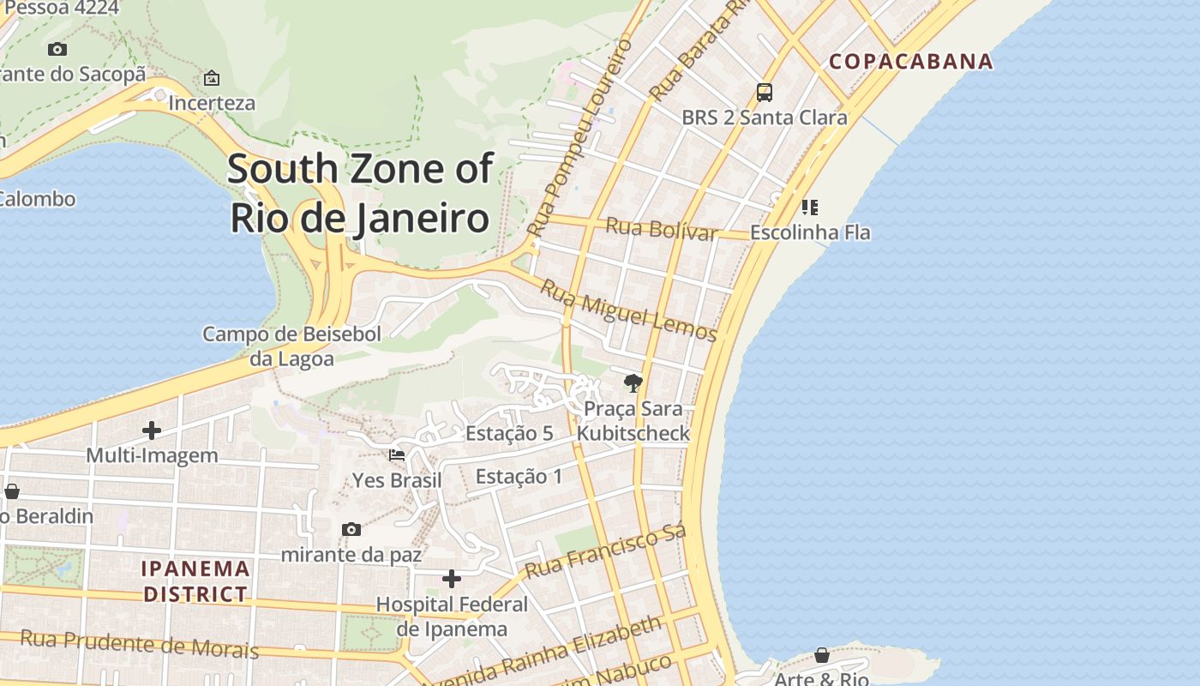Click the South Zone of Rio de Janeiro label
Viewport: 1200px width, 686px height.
point(361,194)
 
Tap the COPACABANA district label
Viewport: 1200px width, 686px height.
point(911,62)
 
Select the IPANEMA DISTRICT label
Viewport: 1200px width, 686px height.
point(195,581)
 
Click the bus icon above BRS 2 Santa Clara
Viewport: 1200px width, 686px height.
point(764,93)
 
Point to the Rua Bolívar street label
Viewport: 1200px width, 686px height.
point(661,229)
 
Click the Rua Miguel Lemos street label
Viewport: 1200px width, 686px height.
point(628,310)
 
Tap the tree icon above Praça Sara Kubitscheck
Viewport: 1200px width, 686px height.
point(633,382)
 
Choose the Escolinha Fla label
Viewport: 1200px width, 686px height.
point(810,232)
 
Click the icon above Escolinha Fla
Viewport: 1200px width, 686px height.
point(810,207)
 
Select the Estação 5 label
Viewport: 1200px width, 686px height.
point(509,434)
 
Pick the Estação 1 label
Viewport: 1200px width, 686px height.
point(519,477)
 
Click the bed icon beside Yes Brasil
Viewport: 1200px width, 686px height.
point(397,454)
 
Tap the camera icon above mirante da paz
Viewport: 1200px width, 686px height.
point(351,529)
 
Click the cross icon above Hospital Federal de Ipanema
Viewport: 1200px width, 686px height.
point(452,579)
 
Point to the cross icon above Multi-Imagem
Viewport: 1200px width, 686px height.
point(152,430)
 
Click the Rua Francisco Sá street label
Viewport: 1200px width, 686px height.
point(605,554)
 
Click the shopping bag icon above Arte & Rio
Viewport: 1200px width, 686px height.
point(822,655)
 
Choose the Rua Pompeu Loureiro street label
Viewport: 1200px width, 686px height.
point(579,137)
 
